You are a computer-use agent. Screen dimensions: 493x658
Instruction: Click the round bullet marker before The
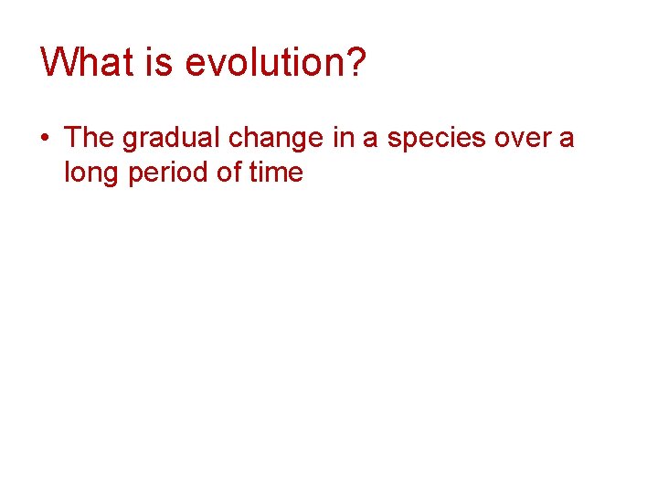[46, 138]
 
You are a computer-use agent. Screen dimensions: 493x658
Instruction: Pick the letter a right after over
[567, 140]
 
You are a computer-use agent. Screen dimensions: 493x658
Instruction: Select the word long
[90, 173]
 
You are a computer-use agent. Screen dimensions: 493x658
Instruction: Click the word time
[278, 172]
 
